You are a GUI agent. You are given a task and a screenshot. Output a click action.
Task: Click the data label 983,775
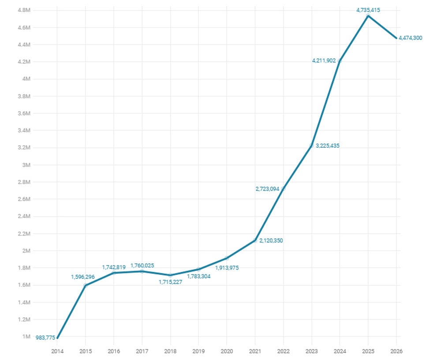pyautogui.click(x=45, y=338)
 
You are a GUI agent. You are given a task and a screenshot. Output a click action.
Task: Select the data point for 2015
pyautogui.click(x=86, y=285)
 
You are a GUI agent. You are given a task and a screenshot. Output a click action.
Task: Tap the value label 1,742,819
pyautogui.click(x=114, y=267)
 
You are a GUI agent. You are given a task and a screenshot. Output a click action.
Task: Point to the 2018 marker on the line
pyautogui.click(x=170, y=275)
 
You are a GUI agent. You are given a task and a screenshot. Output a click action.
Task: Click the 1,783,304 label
pyautogui.click(x=198, y=277)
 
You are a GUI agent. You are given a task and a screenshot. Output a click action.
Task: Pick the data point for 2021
pyautogui.click(x=255, y=240)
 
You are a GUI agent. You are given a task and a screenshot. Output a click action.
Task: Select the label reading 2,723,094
pyautogui.click(x=267, y=189)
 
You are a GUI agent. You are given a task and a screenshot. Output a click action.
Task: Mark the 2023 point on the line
pyautogui.click(x=311, y=146)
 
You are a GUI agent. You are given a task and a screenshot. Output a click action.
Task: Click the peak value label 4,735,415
pyautogui.click(x=368, y=10)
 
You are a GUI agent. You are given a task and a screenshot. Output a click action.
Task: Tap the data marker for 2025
pyautogui.click(x=368, y=16)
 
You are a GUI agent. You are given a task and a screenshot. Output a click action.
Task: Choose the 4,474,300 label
pyautogui.click(x=410, y=38)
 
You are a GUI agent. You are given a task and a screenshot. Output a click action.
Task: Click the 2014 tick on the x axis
pyautogui.click(x=57, y=351)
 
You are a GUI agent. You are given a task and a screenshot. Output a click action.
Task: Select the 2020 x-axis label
pyautogui.click(x=227, y=351)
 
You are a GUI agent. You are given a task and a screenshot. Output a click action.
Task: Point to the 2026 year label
pyautogui.click(x=396, y=351)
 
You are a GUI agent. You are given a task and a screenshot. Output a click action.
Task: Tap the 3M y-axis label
pyautogui.click(x=26, y=165)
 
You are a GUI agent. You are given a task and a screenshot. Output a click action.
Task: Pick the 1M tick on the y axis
pyautogui.click(x=26, y=337)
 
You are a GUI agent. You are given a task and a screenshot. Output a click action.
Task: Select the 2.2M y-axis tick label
pyautogui.click(x=23, y=234)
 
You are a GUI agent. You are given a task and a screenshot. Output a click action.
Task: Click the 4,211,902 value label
pyautogui.click(x=324, y=60)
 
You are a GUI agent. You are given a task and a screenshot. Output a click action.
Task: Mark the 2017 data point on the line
pyautogui.click(x=142, y=271)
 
